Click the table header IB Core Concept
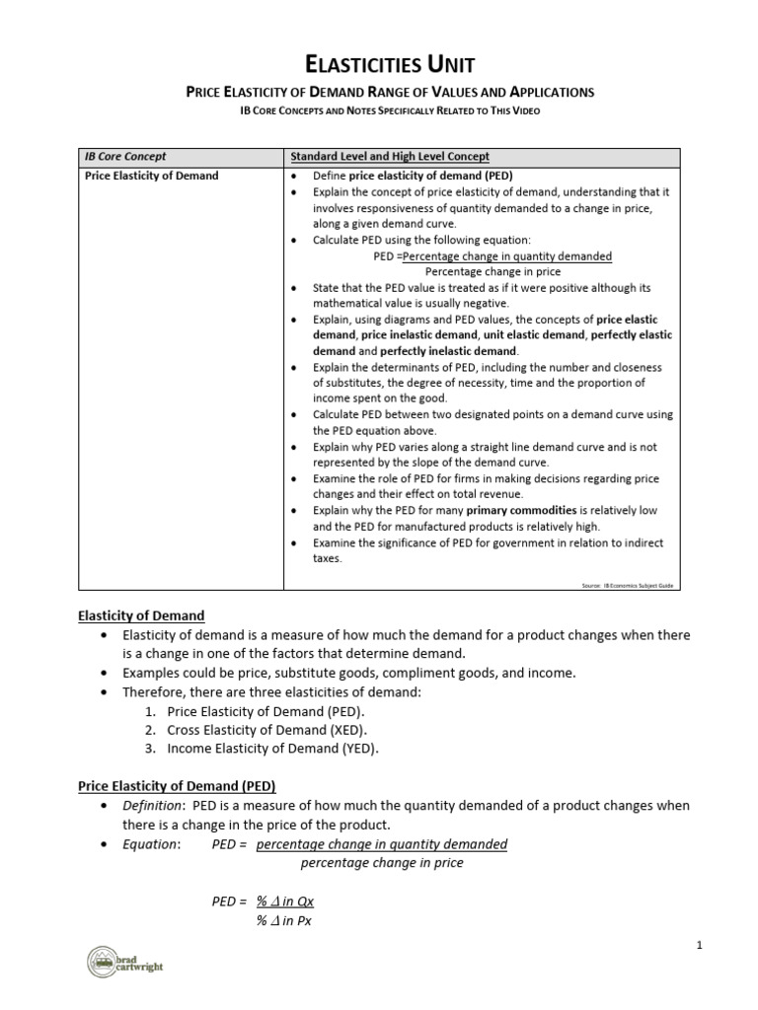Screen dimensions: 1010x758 click(x=124, y=157)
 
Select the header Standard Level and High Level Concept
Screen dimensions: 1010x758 click(x=390, y=157)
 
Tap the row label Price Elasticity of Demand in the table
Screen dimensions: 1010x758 click(x=149, y=176)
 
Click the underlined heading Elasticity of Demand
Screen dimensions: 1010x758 click(x=141, y=615)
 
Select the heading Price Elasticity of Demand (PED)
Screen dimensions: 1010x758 click(x=177, y=786)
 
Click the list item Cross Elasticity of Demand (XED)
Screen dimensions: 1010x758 click(x=266, y=730)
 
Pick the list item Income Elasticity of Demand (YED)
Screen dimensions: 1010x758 click(x=272, y=749)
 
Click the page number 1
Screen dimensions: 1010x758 click(x=699, y=946)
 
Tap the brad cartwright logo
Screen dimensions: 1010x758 click(x=123, y=962)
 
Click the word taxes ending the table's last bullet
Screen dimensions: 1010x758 click(x=328, y=558)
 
